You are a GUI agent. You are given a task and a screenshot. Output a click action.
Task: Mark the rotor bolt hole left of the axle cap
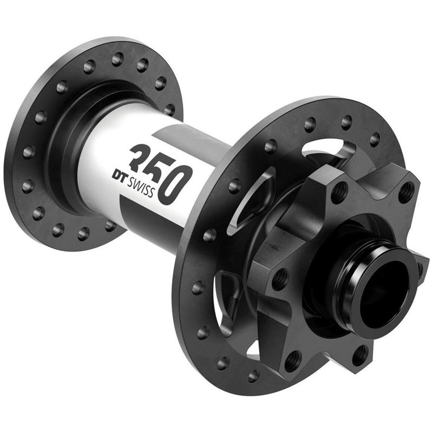point(280,280)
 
